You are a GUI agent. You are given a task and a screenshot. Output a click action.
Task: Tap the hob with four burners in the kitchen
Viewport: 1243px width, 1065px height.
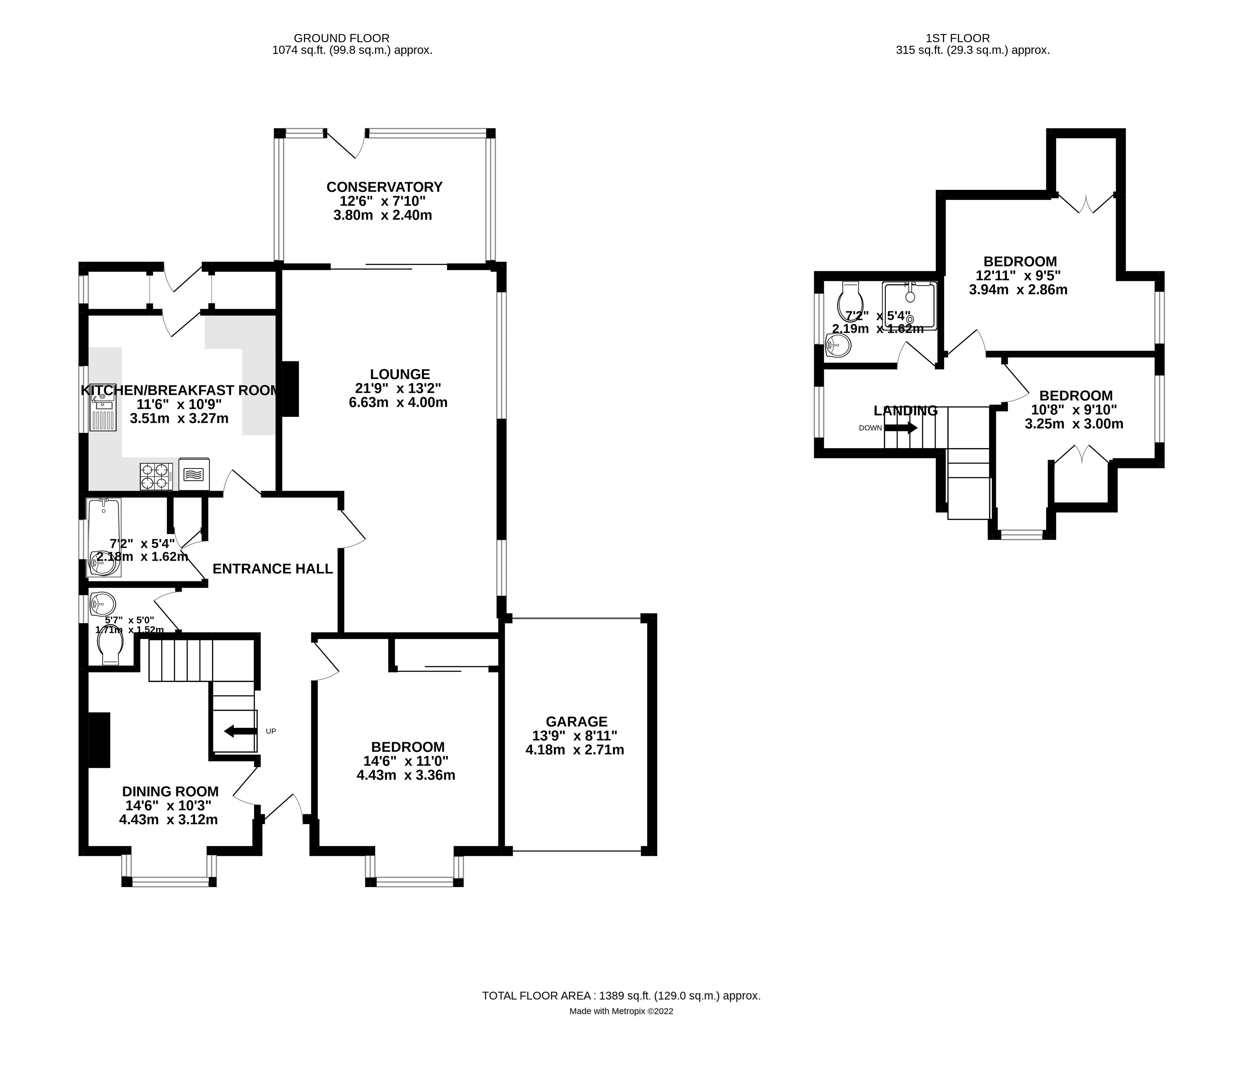[x=156, y=476]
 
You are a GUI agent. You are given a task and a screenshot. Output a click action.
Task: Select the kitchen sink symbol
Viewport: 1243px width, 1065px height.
[x=102, y=413]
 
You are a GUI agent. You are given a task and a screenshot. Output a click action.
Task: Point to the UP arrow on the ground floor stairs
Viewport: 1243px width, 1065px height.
[x=239, y=731]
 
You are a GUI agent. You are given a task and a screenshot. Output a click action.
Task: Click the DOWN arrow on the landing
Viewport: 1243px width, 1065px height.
[x=901, y=428]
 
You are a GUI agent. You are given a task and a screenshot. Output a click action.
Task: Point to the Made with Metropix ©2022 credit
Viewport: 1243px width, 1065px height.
[x=621, y=1011]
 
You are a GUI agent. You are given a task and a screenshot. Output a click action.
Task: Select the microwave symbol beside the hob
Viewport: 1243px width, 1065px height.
[x=194, y=475]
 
